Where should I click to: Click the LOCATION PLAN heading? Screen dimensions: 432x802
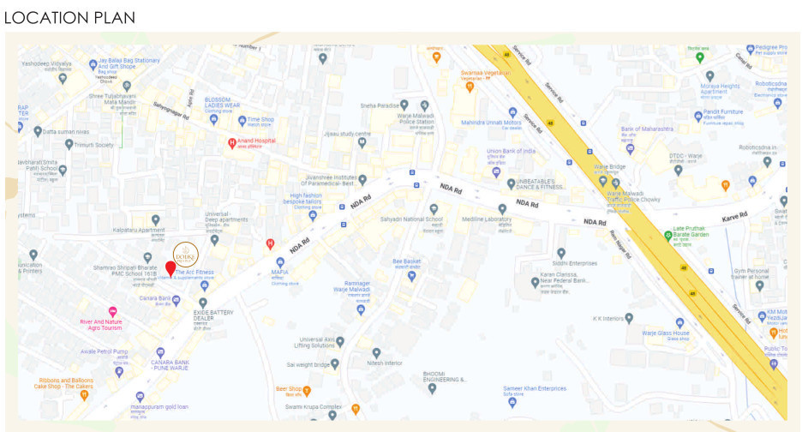(x=69, y=17)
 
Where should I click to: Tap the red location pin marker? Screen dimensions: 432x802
(x=171, y=268)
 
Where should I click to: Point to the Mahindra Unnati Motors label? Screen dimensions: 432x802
(x=492, y=123)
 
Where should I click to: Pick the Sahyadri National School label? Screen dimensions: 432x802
(x=411, y=219)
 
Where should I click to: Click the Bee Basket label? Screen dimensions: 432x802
(x=407, y=261)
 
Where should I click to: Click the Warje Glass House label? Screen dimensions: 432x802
(x=666, y=333)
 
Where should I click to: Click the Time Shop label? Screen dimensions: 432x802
(x=261, y=120)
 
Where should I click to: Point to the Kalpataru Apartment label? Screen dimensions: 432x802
(x=138, y=231)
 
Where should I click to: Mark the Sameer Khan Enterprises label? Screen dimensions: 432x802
(x=535, y=389)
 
